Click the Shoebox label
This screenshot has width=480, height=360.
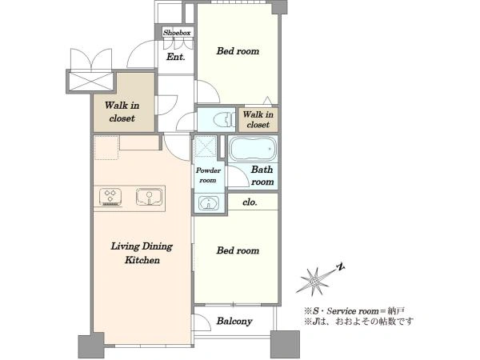pyautogui.click(x=177, y=33)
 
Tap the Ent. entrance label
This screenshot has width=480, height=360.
pyautogui.click(x=176, y=57)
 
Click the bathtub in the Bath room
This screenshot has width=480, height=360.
pyautogui.click(x=253, y=149)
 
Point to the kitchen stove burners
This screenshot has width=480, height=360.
pyautogui.click(x=110, y=197)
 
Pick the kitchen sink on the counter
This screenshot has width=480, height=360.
pyautogui.click(x=149, y=197)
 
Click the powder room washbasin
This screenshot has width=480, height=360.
pyautogui.click(x=209, y=203)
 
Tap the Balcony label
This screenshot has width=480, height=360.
pyautogui.click(x=234, y=321)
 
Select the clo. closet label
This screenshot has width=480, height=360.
pyautogui.click(x=250, y=202)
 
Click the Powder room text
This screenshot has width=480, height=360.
pyautogui.click(x=208, y=175)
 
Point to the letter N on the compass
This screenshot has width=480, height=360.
pyautogui.click(x=340, y=267)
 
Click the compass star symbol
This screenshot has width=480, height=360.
pyautogui.click(x=314, y=281)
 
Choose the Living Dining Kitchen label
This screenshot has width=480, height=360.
pyautogui.click(x=142, y=253)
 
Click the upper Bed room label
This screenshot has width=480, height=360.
pyautogui.click(x=238, y=51)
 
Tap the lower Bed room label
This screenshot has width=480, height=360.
pyautogui.click(x=238, y=250)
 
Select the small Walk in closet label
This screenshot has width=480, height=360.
pyautogui.click(x=258, y=120)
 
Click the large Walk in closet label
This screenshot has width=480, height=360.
pyautogui.click(x=122, y=112)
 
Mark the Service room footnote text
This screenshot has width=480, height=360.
pyautogui.click(x=354, y=311)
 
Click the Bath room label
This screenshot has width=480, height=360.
pyautogui.click(x=262, y=176)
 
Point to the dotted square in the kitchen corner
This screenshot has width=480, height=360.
pyautogui.click(x=106, y=147)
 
